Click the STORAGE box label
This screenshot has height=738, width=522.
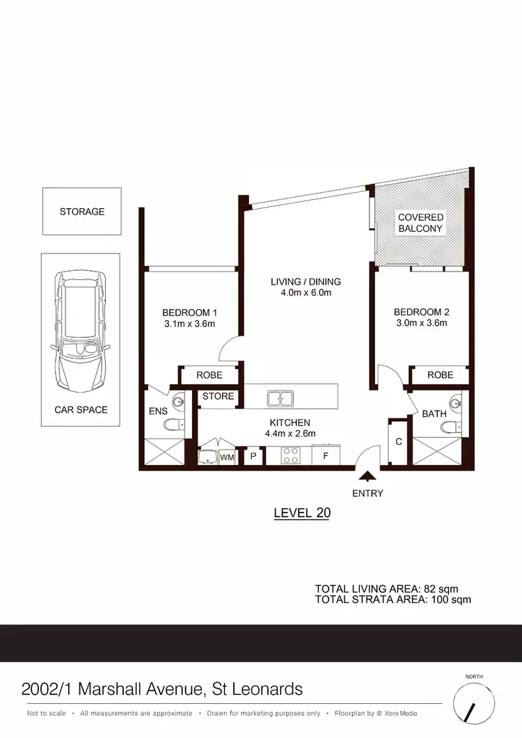pos(82,212)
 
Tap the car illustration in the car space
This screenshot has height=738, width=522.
pos(81,331)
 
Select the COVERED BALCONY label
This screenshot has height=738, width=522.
pos(420,223)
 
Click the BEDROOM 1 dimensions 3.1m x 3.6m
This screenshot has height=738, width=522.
pos(189,323)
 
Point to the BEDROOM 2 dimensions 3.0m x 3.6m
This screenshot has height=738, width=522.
pos(420,323)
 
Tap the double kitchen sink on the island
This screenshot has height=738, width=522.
pos(281,398)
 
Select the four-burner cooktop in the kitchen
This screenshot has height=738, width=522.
pos(290,456)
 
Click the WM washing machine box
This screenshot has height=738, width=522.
pos(228,457)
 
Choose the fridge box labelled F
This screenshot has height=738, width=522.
pos(324,457)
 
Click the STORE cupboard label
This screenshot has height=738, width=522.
pos(218,397)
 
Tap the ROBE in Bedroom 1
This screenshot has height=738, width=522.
pos(209,375)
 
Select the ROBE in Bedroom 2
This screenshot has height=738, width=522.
pos(440,375)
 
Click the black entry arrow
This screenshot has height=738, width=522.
pos(367,476)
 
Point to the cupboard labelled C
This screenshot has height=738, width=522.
pos(398,441)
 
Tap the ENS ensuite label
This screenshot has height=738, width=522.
pos(158,411)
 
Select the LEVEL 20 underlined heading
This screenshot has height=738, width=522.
pos(301,513)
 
